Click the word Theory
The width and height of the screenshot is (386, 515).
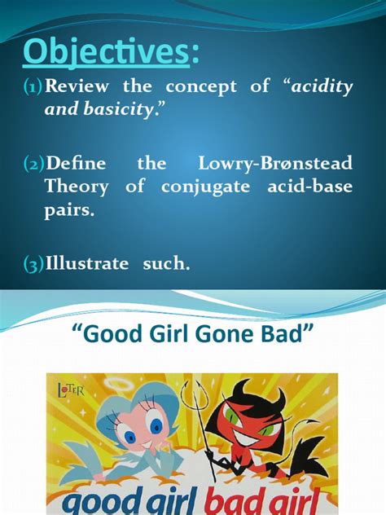pos(76,187)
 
